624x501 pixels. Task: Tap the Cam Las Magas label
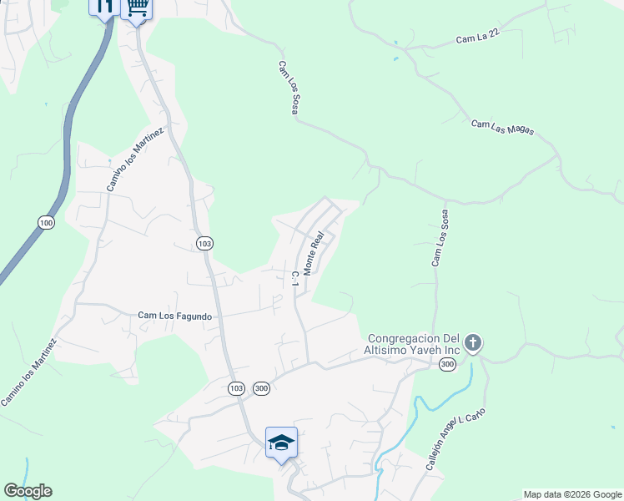(502, 129)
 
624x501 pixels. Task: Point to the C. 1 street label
(295, 279)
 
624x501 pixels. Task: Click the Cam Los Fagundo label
(174, 316)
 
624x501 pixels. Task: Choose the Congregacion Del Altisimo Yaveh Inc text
(412, 344)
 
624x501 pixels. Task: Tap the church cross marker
(473, 342)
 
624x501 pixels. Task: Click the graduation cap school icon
(281, 442)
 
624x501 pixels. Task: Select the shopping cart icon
(136, 8)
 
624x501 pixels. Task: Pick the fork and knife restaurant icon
(104, 7)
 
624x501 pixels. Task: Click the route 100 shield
(46, 223)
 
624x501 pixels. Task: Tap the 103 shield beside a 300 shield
(235, 388)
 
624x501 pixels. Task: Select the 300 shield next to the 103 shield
(261, 388)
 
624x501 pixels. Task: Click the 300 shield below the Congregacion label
(447, 364)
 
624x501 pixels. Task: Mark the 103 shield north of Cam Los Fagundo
(204, 243)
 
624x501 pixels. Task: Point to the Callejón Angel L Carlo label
(455, 441)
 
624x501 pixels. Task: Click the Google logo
(28, 491)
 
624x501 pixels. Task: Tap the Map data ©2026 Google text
(571, 494)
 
